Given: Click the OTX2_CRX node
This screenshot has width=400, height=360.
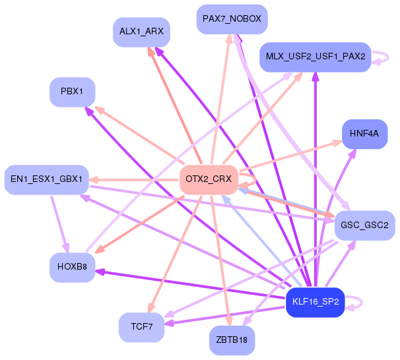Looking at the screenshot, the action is point(209,179).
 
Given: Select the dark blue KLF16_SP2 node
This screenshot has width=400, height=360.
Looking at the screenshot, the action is point(316,302).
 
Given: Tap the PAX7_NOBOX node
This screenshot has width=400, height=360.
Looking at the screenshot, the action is point(232,19).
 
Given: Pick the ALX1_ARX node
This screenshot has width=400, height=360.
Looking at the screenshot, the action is point(141,32).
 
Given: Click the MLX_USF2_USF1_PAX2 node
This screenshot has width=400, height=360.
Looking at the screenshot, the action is point(316,57).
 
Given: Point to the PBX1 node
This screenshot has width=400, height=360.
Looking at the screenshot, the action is point(72,92).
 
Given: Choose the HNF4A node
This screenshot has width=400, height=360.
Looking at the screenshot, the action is point(364,134).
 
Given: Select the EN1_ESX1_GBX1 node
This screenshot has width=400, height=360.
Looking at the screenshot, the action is point(47,179).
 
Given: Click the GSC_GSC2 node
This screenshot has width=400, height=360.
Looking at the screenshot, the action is point(364,225).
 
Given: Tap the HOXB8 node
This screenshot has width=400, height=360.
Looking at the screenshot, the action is point(72,268).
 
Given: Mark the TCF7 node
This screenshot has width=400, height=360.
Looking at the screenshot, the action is point(141,327).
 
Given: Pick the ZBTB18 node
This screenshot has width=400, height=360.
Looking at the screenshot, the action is point(232,340).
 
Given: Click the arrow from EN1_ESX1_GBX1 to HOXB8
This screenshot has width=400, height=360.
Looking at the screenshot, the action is point(59,224).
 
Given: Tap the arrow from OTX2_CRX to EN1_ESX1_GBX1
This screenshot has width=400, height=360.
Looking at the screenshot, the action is point(134,180).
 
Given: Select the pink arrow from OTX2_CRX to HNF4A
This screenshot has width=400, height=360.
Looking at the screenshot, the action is point(291,155).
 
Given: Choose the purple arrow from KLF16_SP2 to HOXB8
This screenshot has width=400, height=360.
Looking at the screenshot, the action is point(190,284).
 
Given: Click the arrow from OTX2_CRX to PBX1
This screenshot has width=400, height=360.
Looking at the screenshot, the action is point(139,135).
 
